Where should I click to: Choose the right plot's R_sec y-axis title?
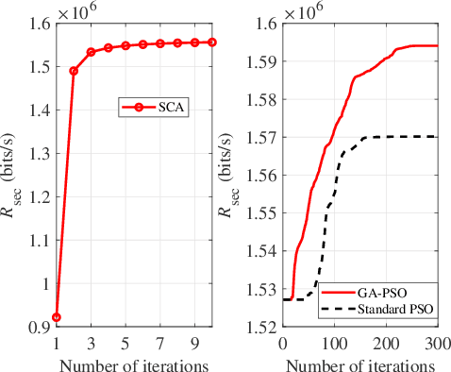pos(233,174)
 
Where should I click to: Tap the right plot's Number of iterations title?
pos(359,362)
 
